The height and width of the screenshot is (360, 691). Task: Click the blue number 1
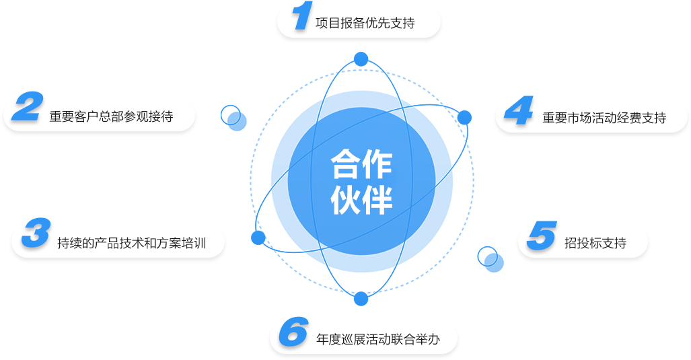(302, 16)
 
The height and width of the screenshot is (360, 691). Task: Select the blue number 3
(36, 233)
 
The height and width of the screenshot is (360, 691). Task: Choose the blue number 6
(293, 332)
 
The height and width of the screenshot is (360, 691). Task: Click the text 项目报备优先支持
(365, 24)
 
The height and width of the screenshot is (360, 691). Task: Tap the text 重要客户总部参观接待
(111, 116)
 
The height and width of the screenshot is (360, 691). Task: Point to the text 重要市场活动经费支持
(604, 118)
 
